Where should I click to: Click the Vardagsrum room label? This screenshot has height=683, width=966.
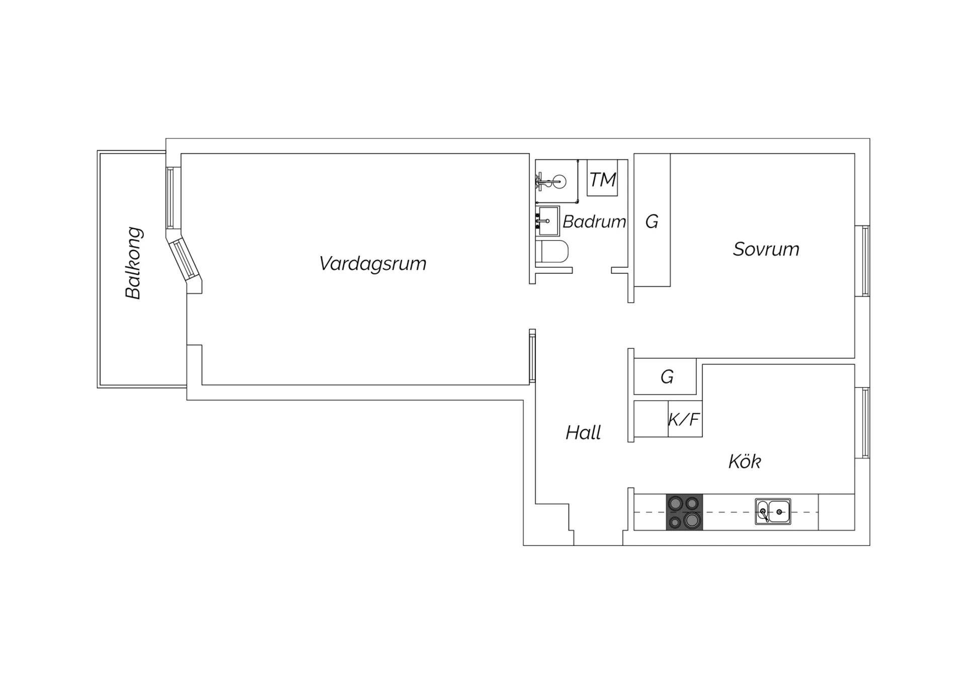point(373,264)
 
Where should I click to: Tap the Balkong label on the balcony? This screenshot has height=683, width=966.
point(134,263)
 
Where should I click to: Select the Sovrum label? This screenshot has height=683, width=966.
point(766,249)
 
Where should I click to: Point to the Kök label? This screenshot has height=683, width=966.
point(745,461)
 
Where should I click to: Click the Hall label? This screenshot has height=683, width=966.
point(583,432)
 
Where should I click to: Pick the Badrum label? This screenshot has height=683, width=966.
point(594,221)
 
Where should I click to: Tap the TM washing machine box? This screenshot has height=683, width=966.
point(602,178)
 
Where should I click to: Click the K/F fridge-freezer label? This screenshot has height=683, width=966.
point(684,419)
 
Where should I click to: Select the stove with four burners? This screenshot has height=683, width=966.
point(684,512)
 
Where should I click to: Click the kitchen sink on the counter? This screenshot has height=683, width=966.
point(773,512)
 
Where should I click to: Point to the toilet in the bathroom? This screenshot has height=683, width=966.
point(552,252)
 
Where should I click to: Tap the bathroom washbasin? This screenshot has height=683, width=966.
point(547,221)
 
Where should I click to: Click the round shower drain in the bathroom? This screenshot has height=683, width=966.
point(559,181)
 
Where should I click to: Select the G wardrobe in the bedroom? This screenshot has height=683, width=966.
point(652,220)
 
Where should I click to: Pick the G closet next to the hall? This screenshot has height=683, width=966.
point(665,376)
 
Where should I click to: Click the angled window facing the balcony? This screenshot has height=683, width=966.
point(184,260)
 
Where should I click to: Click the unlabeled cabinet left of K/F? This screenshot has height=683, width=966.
point(651,419)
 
